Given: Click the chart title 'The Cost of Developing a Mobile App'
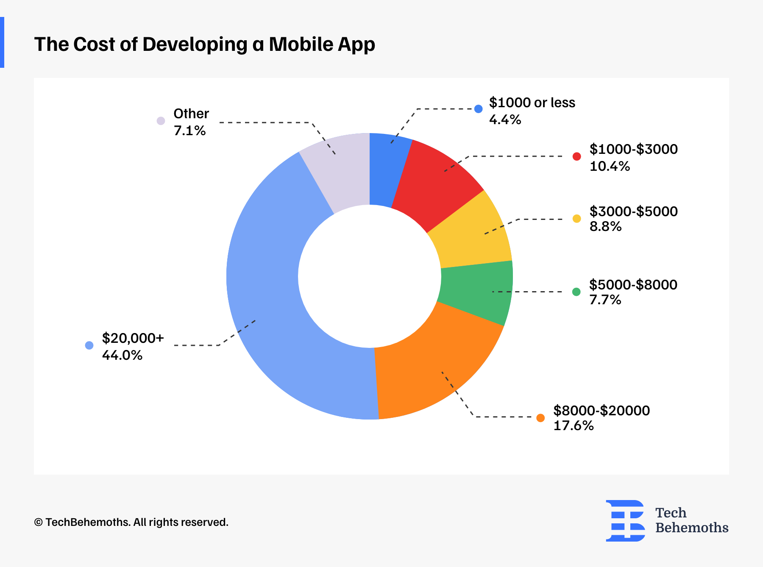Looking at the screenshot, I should tap(204, 44).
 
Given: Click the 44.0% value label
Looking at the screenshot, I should tap(122, 355).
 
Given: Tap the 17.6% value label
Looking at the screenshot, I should tap(574, 425).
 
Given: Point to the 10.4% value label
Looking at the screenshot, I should tap(610, 166).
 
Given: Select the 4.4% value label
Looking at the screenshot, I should tap(505, 120).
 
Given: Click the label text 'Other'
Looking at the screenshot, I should tap(191, 114).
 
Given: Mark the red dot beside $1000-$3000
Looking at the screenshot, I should tap(576, 156).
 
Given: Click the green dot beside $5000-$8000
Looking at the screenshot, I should tap(576, 292).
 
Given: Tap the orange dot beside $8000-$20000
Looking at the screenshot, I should tap(540, 418).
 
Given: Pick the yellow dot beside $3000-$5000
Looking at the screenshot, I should tap(576, 219).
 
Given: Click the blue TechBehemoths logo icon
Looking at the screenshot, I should tap(625, 520).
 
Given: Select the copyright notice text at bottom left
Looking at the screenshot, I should tap(131, 522).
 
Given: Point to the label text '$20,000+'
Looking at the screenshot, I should tap(133, 338).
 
